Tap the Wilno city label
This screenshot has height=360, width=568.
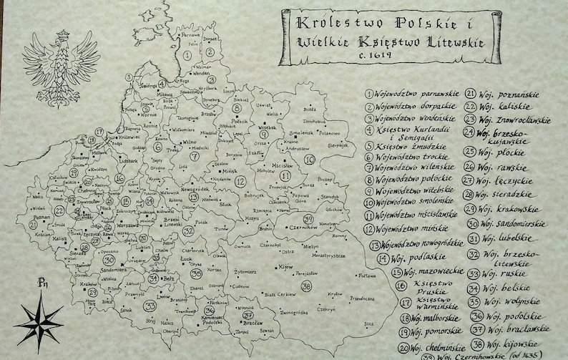coord(189,142)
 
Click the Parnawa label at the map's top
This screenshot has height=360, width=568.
coord(190,34)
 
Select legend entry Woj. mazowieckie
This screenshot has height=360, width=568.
coord(428,271)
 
